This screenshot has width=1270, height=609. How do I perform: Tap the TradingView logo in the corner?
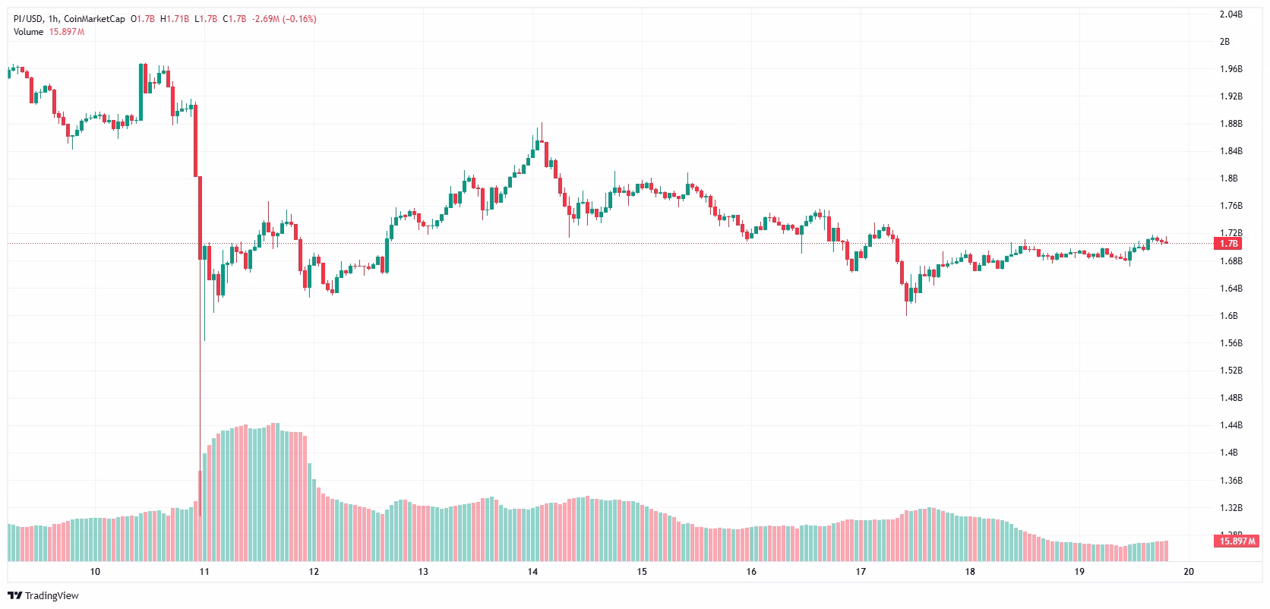coord(43,595)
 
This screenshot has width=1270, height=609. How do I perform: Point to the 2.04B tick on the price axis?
coord(1230,14)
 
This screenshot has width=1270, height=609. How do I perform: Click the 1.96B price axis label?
coord(1230,69)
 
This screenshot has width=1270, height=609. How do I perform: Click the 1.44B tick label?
coord(1230,425)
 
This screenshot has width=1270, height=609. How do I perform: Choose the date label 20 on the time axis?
coord(1189,572)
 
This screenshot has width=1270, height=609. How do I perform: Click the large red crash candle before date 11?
coord(195,140)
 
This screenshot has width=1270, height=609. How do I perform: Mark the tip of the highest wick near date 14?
coord(542,123)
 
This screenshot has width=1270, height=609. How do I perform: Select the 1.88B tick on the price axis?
coord(1230,124)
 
